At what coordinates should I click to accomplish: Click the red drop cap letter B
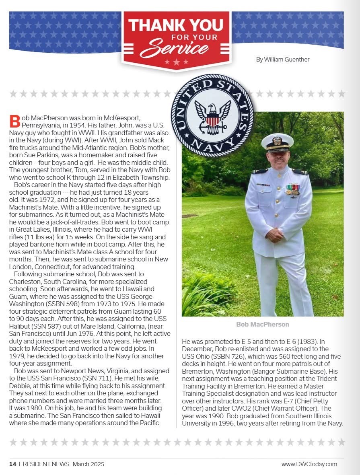14,121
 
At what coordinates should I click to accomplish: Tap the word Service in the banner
175,48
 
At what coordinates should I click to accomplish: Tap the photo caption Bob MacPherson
262,324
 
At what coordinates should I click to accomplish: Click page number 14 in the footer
13,464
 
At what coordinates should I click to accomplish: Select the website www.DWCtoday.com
309,464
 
